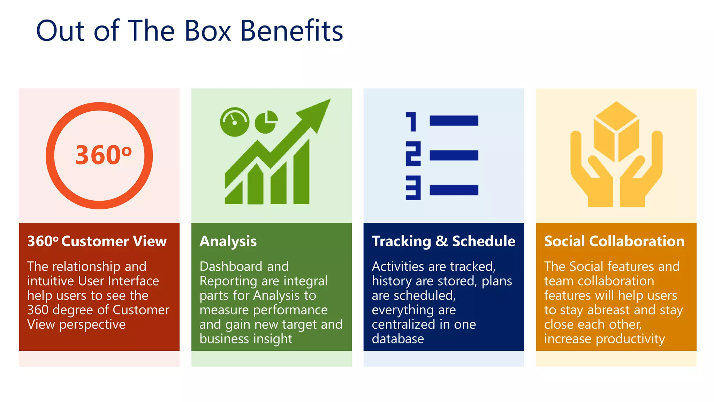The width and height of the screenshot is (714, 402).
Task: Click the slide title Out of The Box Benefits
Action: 190,31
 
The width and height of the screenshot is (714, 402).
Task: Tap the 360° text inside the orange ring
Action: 103,155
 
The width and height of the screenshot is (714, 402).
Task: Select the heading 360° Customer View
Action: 97,241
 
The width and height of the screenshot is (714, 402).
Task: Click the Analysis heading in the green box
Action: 228,241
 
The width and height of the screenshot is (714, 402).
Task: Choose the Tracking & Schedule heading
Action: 443,241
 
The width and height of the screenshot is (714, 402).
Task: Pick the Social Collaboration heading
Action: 614,241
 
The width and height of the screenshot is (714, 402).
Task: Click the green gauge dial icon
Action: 235,122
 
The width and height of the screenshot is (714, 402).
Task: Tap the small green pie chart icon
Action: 266,122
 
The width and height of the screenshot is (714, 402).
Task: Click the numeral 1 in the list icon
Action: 412,121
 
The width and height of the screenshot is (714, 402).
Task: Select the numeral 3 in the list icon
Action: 413,188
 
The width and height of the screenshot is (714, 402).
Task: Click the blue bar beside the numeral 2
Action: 454,155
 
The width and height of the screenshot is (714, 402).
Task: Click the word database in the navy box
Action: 398,339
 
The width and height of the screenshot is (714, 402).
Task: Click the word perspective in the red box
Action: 92,325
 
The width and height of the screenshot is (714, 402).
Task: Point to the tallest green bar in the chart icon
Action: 302,174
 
